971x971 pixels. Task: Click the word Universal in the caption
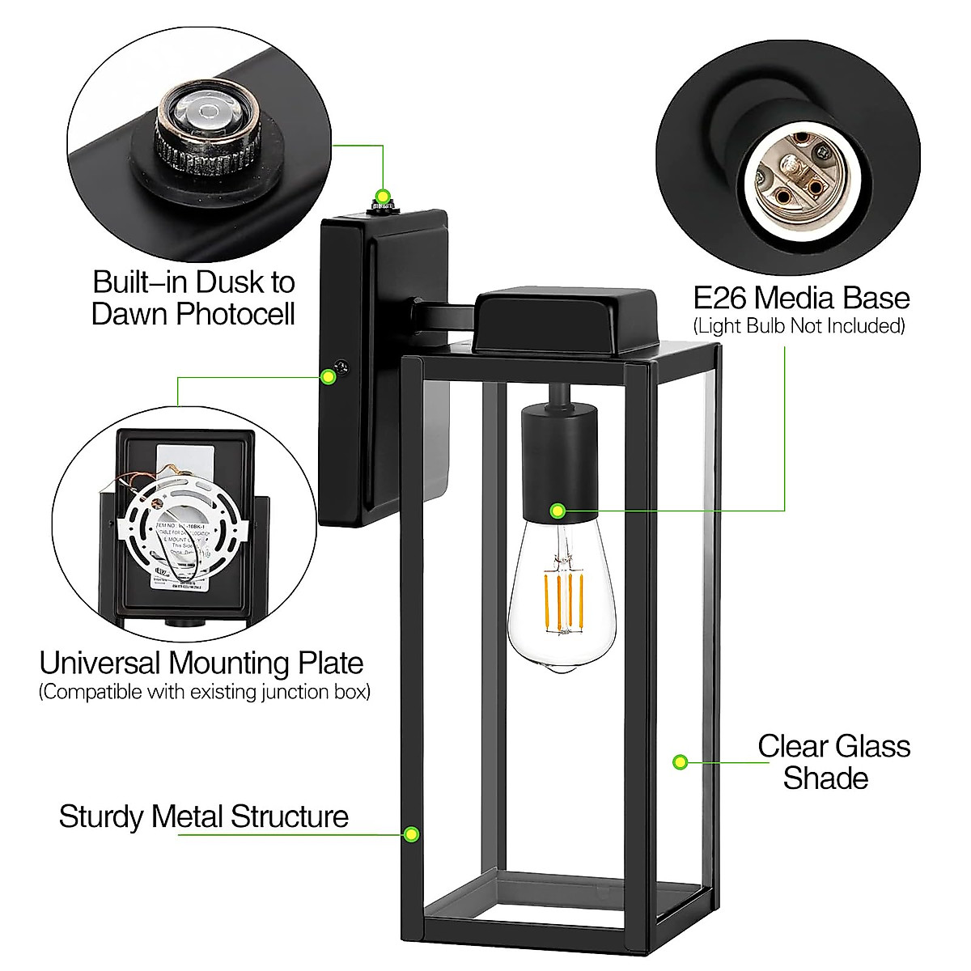[x=100, y=664]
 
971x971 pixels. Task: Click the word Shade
[x=825, y=778]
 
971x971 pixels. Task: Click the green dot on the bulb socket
[x=557, y=511]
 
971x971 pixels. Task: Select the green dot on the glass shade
[x=681, y=761]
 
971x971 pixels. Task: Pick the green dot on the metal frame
[x=411, y=833]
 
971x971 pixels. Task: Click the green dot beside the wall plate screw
[x=328, y=376]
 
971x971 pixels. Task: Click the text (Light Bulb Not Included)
[x=799, y=327]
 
